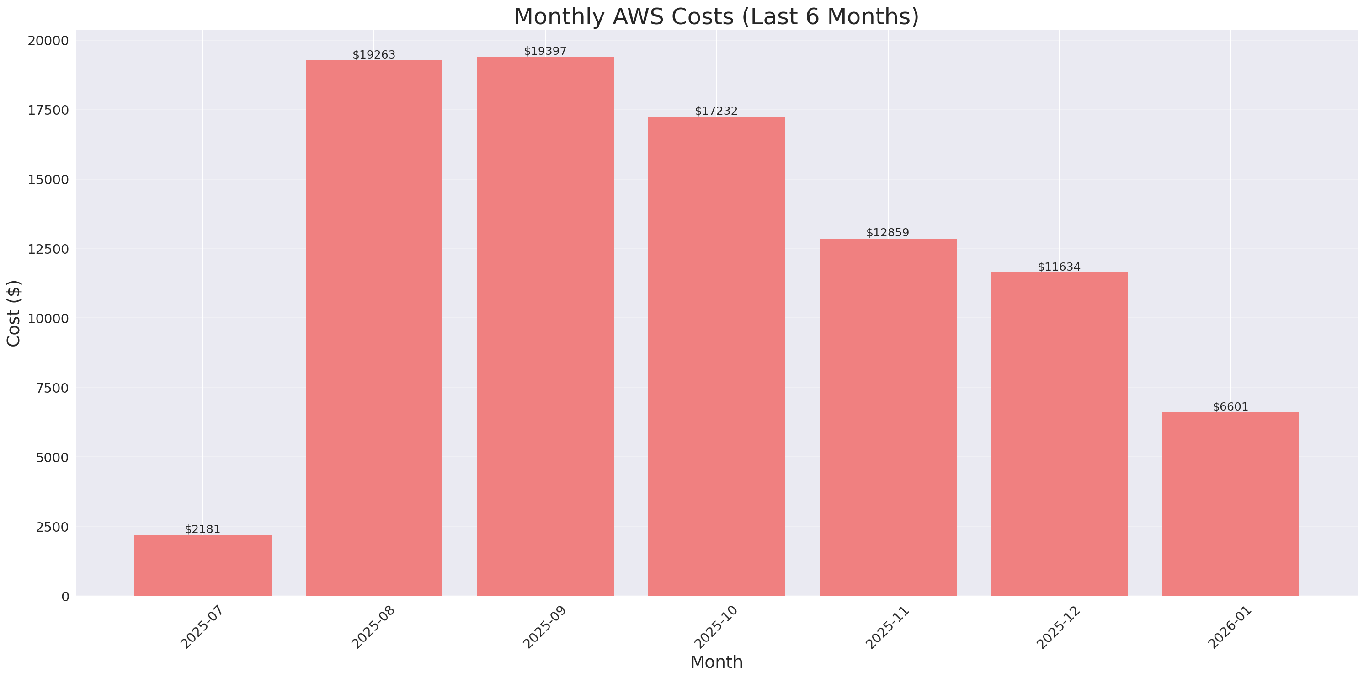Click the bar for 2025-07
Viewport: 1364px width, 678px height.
[x=203, y=565]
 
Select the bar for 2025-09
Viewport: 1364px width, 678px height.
[x=545, y=326]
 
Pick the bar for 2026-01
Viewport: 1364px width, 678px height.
[x=1230, y=504]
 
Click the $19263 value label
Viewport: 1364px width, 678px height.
[x=374, y=54]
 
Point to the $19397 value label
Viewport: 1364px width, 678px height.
[x=545, y=51]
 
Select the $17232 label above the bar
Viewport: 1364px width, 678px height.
[x=716, y=111]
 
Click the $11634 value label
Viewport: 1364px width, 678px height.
[x=1059, y=267]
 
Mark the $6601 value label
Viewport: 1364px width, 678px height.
[x=1230, y=407]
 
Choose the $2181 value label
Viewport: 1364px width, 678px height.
[x=202, y=529]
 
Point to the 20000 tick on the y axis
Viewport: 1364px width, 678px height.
[x=48, y=41]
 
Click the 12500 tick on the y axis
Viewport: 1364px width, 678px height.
[x=48, y=249]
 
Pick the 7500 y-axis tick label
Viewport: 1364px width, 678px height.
[x=53, y=388]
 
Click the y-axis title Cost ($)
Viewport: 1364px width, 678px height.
[x=14, y=313]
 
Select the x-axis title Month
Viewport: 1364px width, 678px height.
[x=716, y=662]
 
